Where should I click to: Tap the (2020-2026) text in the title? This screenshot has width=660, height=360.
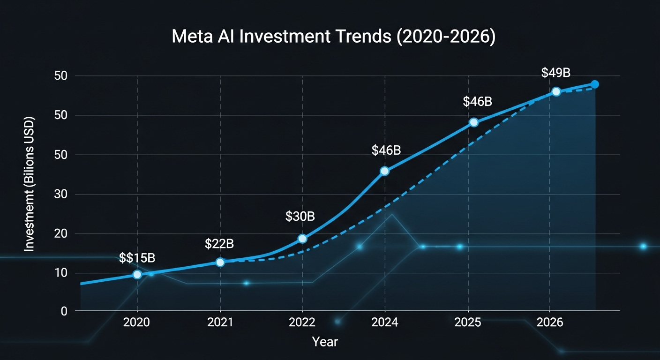pyautogui.click(x=446, y=37)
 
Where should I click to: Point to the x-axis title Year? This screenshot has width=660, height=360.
pyautogui.click(x=325, y=342)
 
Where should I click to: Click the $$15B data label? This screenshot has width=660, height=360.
pyautogui.click(x=137, y=258)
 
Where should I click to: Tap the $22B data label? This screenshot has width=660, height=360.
pyautogui.click(x=219, y=244)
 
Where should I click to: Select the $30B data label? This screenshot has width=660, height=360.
pyautogui.click(x=300, y=217)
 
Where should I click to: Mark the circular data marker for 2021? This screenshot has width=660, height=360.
pyautogui.click(x=220, y=262)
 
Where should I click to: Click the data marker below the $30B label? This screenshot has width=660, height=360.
pyautogui.click(x=302, y=239)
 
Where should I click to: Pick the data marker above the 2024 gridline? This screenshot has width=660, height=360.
pyautogui.click(x=384, y=171)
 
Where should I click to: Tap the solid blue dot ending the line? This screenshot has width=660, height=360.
pyautogui.click(x=595, y=84)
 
